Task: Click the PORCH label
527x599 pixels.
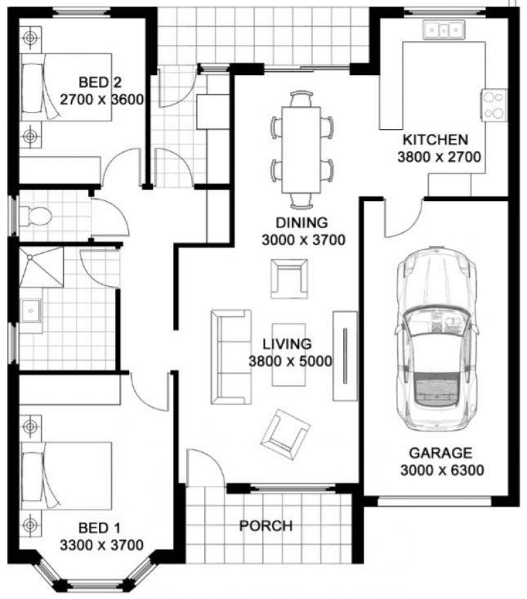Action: [x=265, y=526]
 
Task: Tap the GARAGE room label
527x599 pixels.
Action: [x=440, y=453]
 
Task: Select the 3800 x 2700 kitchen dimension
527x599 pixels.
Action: [x=439, y=157]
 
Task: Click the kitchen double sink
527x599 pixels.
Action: [x=443, y=30]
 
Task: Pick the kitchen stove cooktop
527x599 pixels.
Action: [x=494, y=105]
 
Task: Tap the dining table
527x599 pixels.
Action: [x=301, y=150]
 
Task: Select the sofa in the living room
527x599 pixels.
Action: [x=231, y=357]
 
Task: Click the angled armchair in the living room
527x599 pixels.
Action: [x=285, y=434]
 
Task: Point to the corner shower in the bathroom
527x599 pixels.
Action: [x=42, y=266]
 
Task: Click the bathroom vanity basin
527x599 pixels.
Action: [x=30, y=310]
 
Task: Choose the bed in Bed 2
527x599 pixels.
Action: [x=66, y=88]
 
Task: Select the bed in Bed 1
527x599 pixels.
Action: [x=66, y=476]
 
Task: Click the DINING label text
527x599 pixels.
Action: [x=302, y=222]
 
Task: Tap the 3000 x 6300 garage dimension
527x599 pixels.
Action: [x=442, y=470]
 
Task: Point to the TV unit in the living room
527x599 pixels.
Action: [x=345, y=356]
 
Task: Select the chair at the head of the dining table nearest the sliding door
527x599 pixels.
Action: [x=301, y=98]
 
